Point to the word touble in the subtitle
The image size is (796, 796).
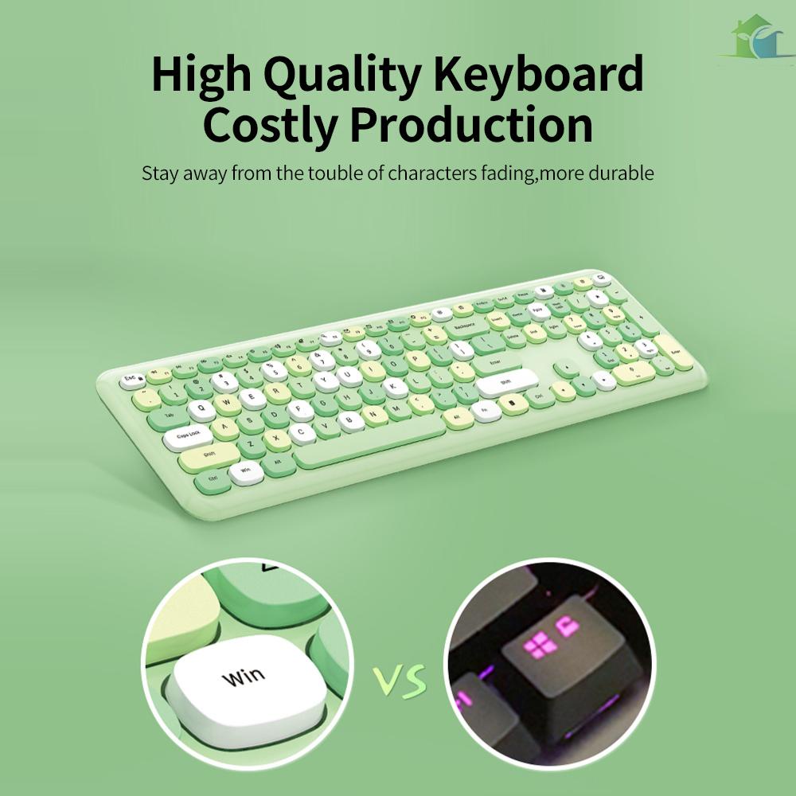pyautogui.click(x=325, y=173)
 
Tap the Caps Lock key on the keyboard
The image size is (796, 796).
pyautogui.click(x=188, y=435)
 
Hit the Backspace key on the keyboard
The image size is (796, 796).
pyautogui.click(x=464, y=326)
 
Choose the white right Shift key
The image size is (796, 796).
pyautogui.click(x=506, y=383)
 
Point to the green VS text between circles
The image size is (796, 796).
pyautogui.click(x=400, y=681)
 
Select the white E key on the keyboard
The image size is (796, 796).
pyautogui.click(x=252, y=397)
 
